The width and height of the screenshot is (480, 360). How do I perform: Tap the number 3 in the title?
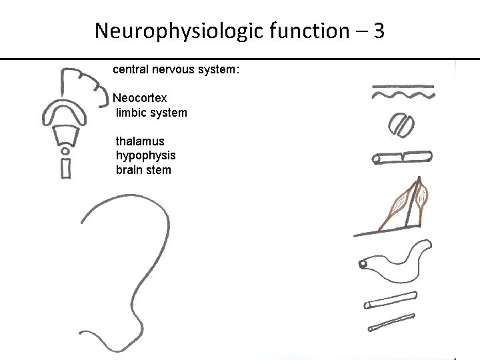(379, 31)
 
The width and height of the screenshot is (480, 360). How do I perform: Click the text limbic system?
(151, 113)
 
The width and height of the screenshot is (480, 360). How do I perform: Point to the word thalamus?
(140, 141)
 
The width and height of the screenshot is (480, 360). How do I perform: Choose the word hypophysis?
(145, 155)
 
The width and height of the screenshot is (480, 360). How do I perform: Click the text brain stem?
(143, 170)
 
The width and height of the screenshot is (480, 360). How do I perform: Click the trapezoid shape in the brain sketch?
(66, 138)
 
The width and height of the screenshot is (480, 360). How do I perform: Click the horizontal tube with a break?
(402, 157)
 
